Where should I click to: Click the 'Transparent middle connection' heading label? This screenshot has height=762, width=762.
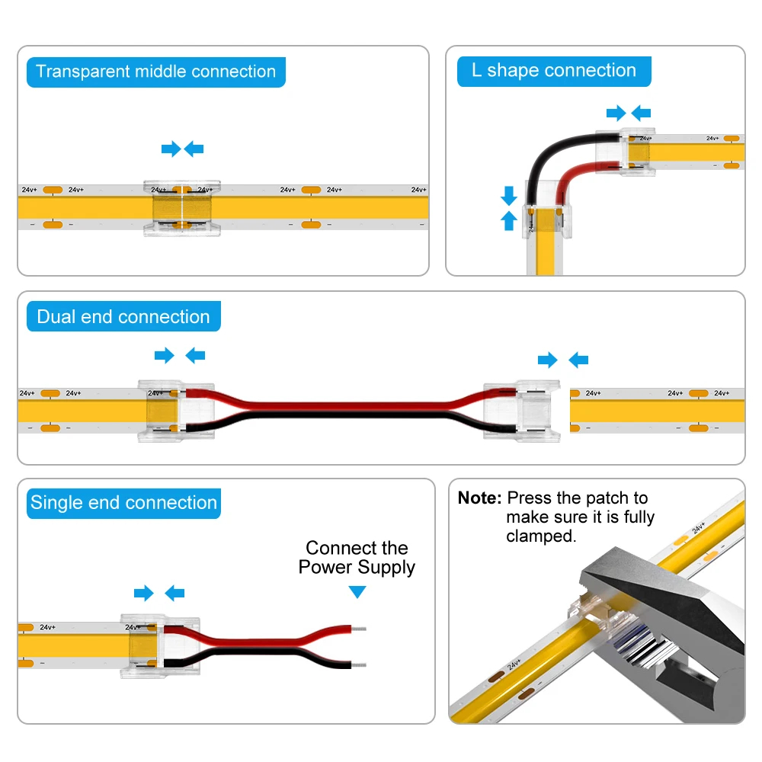[155, 72]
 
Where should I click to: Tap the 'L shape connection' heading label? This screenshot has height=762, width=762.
[553, 71]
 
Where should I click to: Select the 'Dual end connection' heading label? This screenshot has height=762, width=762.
[123, 317]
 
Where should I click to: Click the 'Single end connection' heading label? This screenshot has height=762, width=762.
[123, 503]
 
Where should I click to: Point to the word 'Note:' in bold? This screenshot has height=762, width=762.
[479, 498]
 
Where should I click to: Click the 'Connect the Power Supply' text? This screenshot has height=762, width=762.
[357, 558]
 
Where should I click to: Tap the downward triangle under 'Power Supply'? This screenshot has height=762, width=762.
[357, 592]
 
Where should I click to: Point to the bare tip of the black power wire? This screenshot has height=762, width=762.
[361, 664]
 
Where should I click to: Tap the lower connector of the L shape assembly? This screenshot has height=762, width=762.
[542, 222]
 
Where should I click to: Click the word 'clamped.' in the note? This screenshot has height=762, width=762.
[541, 536]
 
